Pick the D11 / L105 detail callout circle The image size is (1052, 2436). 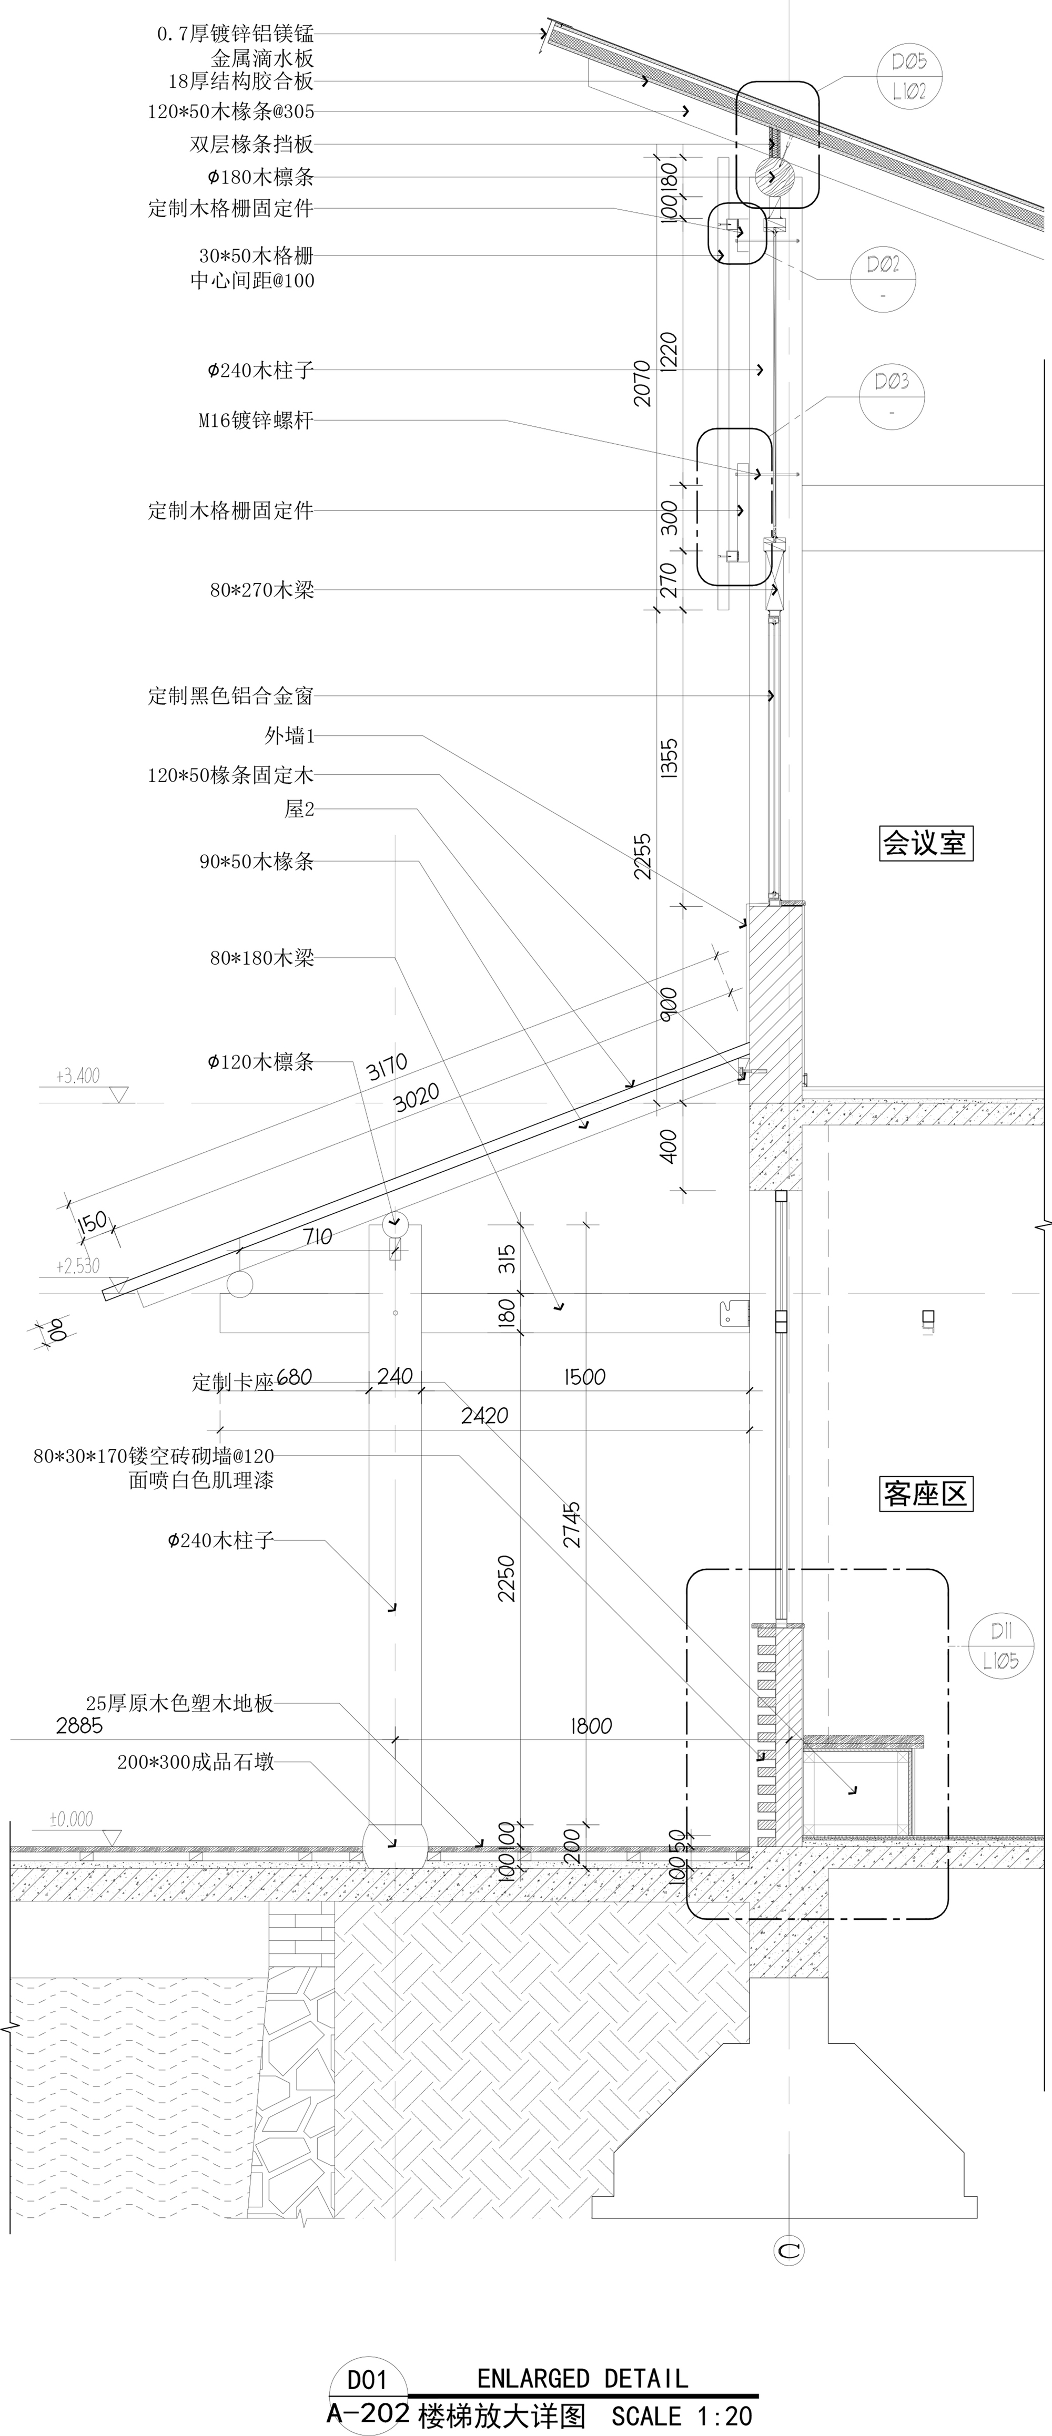[x=1001, y=1646]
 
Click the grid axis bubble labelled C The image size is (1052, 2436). [x=789, y=2250]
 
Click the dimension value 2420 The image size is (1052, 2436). [x=484, y=1416]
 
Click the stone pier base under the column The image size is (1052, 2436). [x=394, y=1845]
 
